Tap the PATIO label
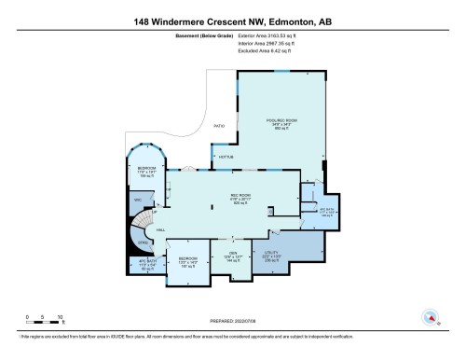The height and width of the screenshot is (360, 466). pos(219,124)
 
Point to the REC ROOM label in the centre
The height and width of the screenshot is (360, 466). pos(240,195)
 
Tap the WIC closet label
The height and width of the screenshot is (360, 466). pos(137,199)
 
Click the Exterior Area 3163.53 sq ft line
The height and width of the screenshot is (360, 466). pos(233,35)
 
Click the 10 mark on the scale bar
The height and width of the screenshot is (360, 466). pos(61,318)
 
